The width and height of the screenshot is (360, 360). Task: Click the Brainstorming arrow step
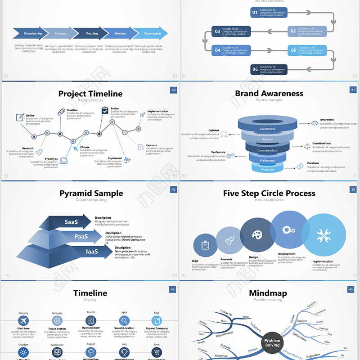coord(32,33)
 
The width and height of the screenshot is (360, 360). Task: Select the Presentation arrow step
coord(152,33)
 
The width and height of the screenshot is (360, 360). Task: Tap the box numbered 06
coord(269,69)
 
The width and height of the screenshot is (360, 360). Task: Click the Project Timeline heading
coord(90,94)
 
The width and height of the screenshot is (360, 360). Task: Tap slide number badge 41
coord(353,90)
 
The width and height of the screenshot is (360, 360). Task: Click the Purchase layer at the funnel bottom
coord(267,169)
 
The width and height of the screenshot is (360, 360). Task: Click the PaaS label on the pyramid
coord(81,236)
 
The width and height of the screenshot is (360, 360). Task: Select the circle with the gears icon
coord(288,230)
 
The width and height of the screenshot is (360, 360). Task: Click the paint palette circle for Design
coord(257,235)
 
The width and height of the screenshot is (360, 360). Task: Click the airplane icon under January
coord(23,321)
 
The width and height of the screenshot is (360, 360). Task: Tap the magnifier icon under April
coord(124,321)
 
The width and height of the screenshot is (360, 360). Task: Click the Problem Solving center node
coord(272,343)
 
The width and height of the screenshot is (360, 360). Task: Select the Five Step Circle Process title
coord(269,193)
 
